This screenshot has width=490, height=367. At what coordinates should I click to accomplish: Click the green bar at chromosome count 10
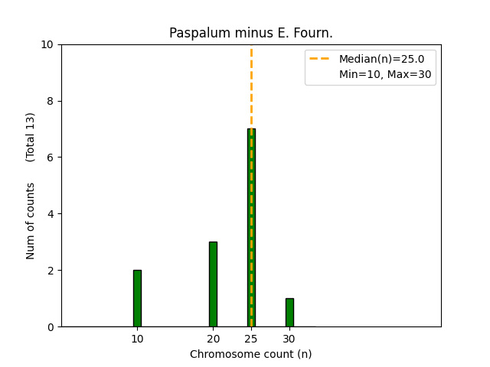tap(137, 298)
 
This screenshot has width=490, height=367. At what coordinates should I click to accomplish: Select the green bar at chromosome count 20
tap(213, 284)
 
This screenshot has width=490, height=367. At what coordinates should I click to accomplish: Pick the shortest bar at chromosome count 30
tap(289, 313)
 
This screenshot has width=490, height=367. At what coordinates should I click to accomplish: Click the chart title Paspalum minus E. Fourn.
tap(251, 33)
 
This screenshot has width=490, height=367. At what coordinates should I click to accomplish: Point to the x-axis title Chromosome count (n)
tap(251, 354)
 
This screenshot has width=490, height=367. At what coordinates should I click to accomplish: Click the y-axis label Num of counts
tap(31, 221)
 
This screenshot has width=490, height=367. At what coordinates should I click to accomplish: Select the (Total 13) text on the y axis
tap(31, 137)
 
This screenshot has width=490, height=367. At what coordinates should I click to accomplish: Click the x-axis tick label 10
tap(137, 339)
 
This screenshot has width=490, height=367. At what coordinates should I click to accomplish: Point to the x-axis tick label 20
tap(213, 339)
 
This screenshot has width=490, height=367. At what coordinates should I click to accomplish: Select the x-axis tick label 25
tap(251, 339)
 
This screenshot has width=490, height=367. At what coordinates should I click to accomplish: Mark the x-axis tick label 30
tap(289, 339)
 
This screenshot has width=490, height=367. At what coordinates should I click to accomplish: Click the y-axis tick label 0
tap(51, 327)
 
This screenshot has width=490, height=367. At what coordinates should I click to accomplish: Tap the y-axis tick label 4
tap(51, 214)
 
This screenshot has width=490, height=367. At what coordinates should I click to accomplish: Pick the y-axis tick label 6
tap(51, 158)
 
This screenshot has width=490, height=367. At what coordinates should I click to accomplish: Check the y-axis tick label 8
tap(51, 101)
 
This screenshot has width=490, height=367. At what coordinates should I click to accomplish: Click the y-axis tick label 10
tap(47, 44)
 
